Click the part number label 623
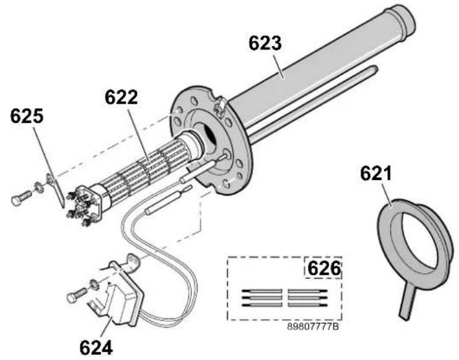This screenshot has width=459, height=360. coord(265,43)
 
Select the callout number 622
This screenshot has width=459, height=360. coord(121,97)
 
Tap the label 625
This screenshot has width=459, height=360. coord(27,116)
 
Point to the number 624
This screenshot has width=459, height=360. coord(96,348)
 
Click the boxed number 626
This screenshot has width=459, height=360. coord(324,269)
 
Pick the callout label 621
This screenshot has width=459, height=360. coord(375,174)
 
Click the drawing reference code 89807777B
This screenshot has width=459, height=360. coord(313,326)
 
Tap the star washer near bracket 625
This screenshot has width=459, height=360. coord(39,188)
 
